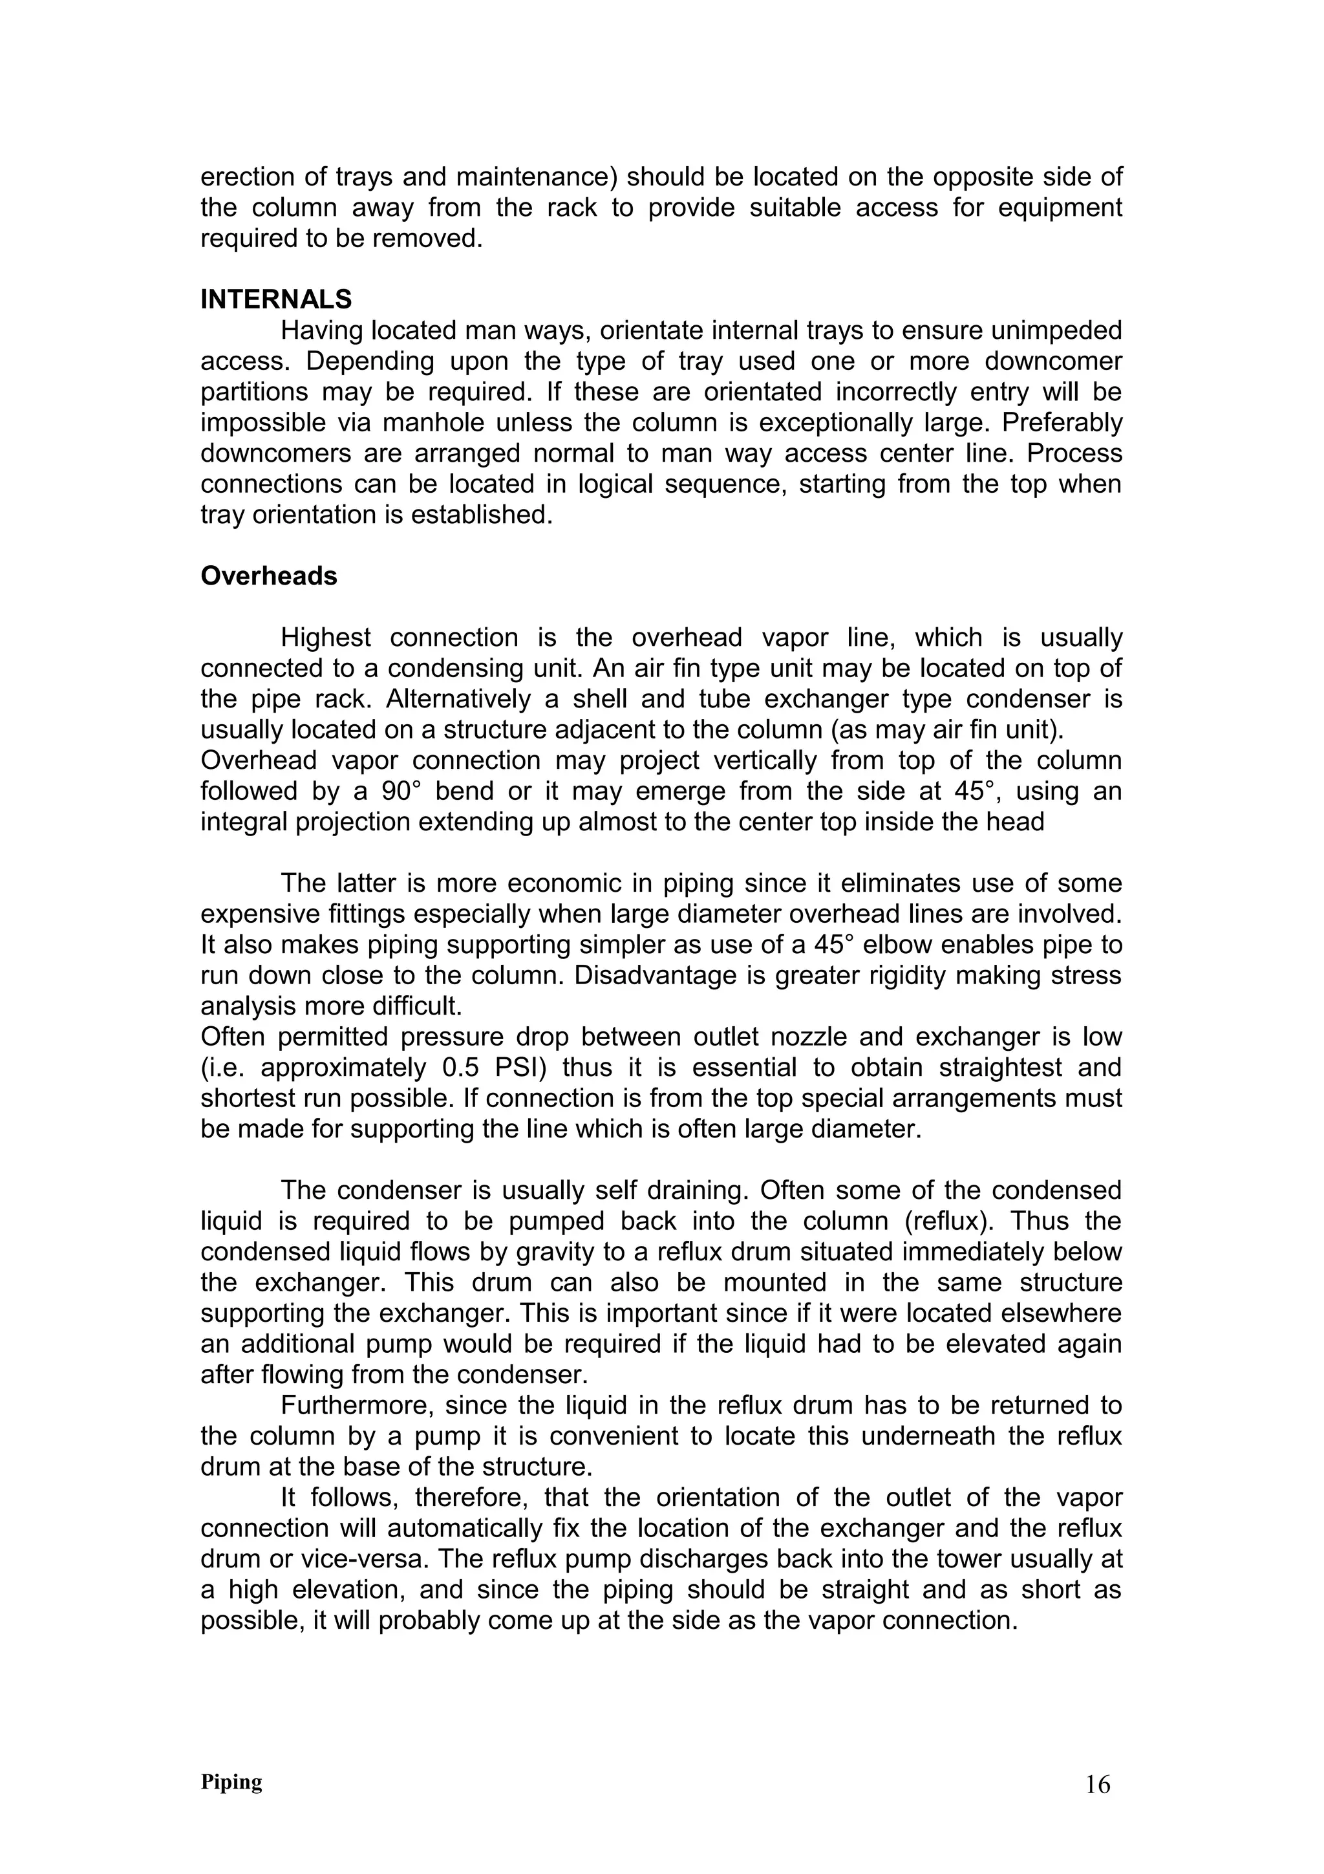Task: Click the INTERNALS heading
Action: [x=276, y=299]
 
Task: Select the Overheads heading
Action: [x=268, y=576]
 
